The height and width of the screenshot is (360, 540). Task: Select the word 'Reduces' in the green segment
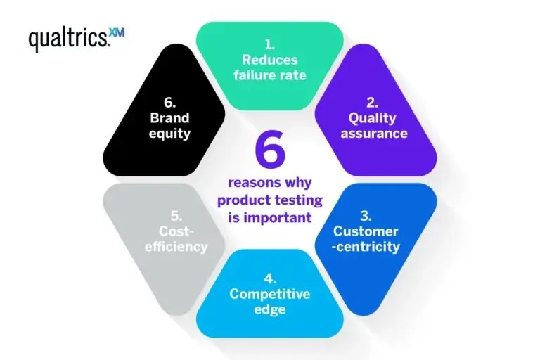(269, 60)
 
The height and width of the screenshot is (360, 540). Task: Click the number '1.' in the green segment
(269, 44)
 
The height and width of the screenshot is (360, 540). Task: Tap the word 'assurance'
(374, 133)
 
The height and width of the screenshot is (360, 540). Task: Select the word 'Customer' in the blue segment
(366, 231)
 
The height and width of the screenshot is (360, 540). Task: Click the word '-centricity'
(366, 247)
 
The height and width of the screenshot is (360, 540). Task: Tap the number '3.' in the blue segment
(366, 216)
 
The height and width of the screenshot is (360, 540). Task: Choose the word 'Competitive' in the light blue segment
(269, 294)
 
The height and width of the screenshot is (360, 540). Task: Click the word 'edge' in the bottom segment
(269, 309)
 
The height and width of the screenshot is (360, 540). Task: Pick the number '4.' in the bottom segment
(269, 278)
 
